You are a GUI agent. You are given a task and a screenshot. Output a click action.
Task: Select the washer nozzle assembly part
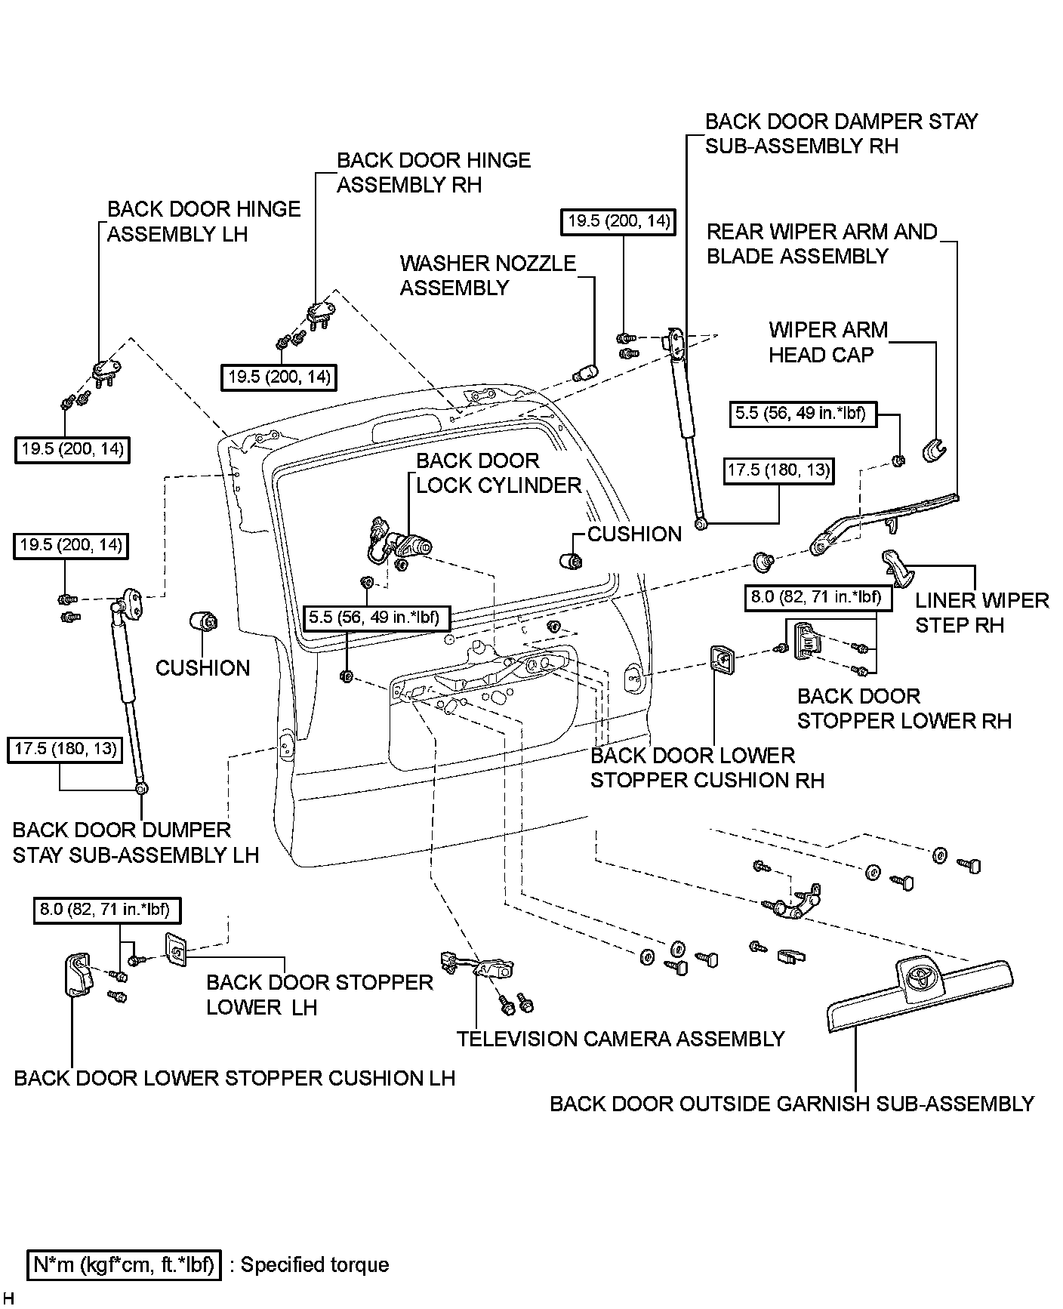[x=585, y=373]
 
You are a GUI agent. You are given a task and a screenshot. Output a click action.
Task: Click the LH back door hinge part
[x=106, y=370]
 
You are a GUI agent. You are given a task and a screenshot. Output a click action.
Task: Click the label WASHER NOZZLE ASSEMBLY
[x=487, y=276]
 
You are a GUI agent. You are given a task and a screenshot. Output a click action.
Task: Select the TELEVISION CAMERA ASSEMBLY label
[x=620, y=1039]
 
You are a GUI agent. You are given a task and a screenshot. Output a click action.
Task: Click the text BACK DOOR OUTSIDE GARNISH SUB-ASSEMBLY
[x=791, y=1104]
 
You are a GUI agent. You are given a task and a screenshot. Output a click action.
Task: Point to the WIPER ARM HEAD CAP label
[x=827, y=342]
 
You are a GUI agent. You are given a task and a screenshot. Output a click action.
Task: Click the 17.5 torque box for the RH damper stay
[x=778, y=471]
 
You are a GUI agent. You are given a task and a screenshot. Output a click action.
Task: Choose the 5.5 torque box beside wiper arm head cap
[x=804, y=414]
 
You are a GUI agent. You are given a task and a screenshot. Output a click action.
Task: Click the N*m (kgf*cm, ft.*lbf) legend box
[x=124, y=1264]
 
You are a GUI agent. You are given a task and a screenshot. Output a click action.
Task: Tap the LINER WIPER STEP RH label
[x=981, y=612]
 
